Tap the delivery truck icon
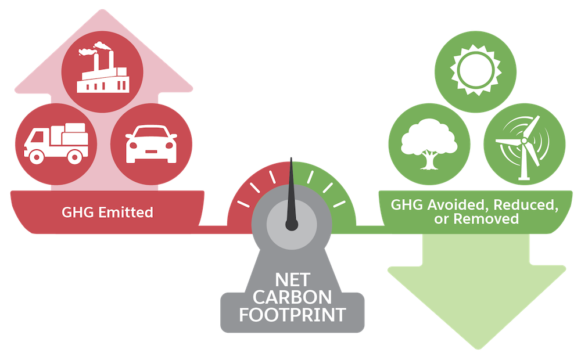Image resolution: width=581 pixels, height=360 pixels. coord(56,143)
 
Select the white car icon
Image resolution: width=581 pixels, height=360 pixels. coord(151,144)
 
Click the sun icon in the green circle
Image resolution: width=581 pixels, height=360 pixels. coord(475,70)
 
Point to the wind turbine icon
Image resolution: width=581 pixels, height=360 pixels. coord(524,147)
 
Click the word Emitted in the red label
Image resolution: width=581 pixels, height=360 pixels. coord(125,212)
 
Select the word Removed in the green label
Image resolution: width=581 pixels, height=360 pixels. coord(486,219)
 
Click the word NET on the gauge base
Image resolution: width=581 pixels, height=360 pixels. coord(293,280)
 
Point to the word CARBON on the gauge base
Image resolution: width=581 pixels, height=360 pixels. coord(292,297)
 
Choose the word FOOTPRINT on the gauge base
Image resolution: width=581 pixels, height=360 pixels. coord(292,315)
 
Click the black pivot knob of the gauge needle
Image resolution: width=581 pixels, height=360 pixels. coord(292,225)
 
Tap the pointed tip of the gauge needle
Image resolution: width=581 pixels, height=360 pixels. coord(291,158)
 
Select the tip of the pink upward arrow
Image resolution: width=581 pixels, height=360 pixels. coord(103,10)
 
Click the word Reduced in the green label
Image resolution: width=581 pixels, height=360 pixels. coord(526,204)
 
